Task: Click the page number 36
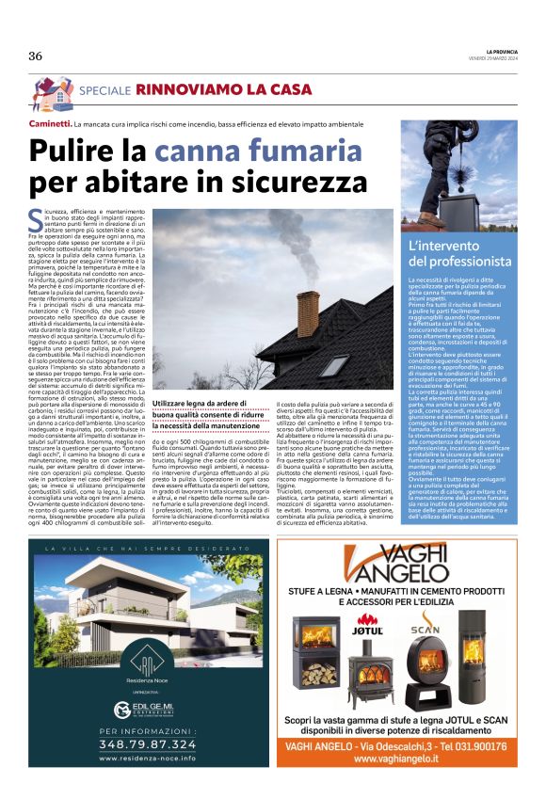pyautogui.click(x=36, y=56)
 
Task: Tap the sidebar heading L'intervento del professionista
pyautogui.click(x=457, y=254)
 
